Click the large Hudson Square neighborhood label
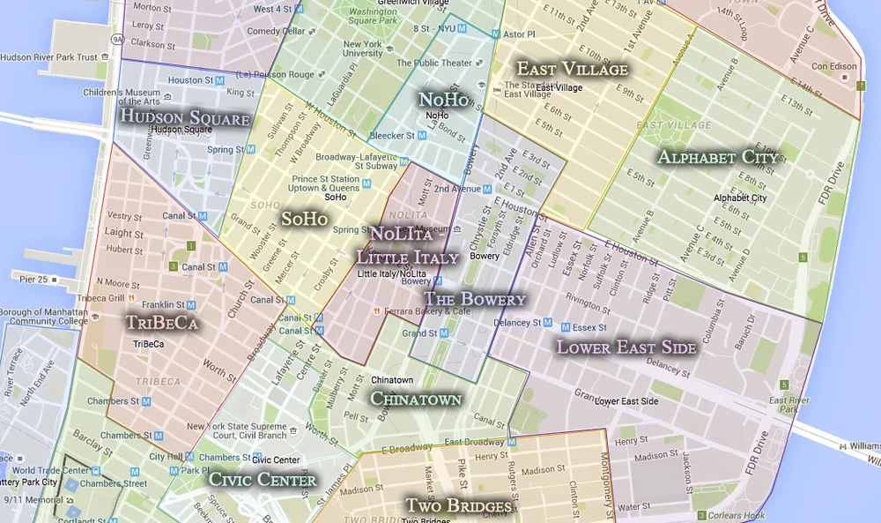coord(184,117)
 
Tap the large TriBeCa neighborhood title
coord(161,324)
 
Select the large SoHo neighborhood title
coord(304,218)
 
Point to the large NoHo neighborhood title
coord(444,100)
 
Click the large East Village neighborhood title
coord(572,70)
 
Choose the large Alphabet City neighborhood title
coord(718,158)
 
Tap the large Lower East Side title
coord(626,347)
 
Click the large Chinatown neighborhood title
coord(415,400)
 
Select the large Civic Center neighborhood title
coord(262,481)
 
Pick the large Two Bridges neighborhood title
coord(458,506)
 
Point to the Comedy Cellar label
coord(275,32)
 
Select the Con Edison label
coord(833,66)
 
